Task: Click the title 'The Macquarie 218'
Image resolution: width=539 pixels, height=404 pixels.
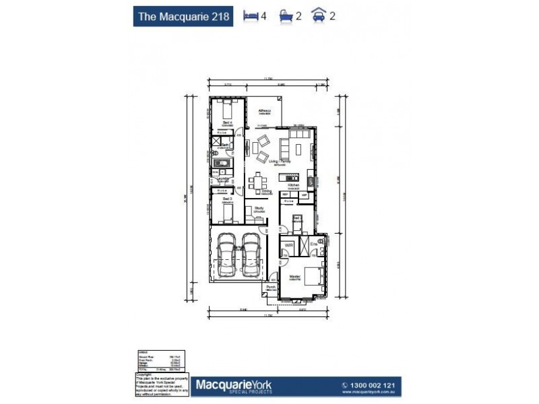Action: [183, 15]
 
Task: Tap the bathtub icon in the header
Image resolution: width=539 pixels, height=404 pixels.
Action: [286, 15]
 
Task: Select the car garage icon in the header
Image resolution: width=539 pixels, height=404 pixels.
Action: [319, 15]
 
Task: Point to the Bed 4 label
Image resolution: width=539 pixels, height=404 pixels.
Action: [227, 123]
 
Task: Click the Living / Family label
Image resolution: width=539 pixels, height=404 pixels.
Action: [279, 162]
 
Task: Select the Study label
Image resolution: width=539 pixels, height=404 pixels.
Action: [258, 209]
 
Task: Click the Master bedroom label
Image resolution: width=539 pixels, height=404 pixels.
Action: [294, 277]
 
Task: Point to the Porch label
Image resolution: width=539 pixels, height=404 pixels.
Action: [271, 288]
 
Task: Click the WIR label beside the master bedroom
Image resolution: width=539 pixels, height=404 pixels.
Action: [288, 246]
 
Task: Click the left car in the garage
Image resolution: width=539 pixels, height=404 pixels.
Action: [227, 257]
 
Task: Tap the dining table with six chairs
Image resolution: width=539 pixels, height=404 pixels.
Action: [257, 182]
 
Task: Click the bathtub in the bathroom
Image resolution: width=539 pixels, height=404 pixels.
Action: [221, 164]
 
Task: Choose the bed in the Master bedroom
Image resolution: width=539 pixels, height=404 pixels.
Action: [313, 277]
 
